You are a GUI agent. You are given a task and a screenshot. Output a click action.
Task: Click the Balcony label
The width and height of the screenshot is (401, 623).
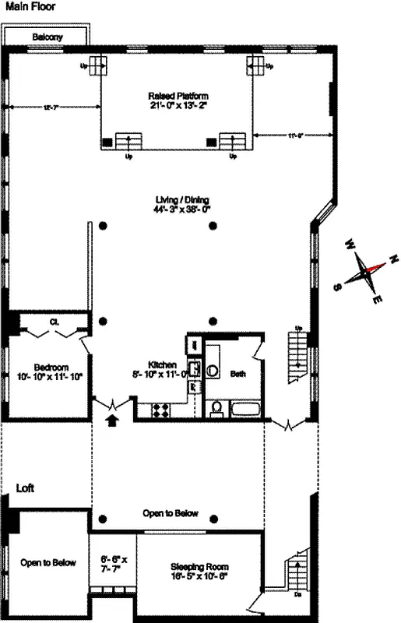(47, 37)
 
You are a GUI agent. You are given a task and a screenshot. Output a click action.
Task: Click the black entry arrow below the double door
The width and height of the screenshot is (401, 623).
(113, 421)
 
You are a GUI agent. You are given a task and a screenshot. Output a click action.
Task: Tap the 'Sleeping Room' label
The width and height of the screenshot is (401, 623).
(200, 572)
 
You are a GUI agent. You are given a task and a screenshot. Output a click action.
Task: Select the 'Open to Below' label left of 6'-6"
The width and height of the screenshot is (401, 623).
(48, 563)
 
